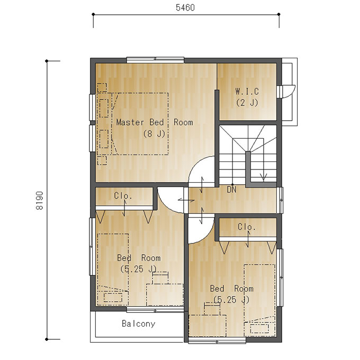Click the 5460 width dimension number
point(185,7)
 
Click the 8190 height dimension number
point(40,201)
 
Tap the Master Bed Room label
point(155,122)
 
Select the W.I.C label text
point(247,92)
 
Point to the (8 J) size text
point(154,133)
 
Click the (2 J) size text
point(247,102)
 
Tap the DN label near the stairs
point(231,190)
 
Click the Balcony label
point(139,323)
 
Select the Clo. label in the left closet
point(123,195)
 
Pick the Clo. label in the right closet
point(247,227)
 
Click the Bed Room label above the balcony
point(139,258)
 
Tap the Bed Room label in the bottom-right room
point(232,289)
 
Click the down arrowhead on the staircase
point(263,177)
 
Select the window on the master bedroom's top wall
point(155,60)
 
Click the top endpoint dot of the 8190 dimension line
point(47,61)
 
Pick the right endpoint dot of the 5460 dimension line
point(279,14)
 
